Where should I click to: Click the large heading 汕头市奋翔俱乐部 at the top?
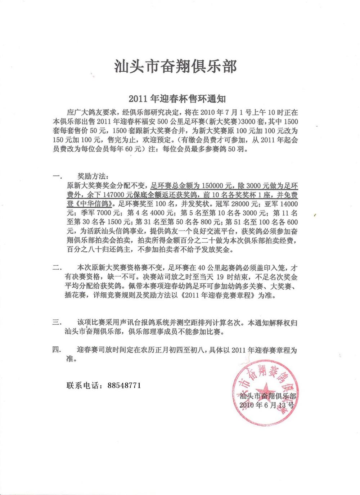[175, 67]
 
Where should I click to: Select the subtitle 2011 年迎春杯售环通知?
[177, 98]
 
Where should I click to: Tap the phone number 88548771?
[124, 385]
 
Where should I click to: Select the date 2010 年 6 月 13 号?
[267, 405]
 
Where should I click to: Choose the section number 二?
[56, 268]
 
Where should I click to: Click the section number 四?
[56, 350]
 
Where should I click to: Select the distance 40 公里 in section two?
[206, 268]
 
